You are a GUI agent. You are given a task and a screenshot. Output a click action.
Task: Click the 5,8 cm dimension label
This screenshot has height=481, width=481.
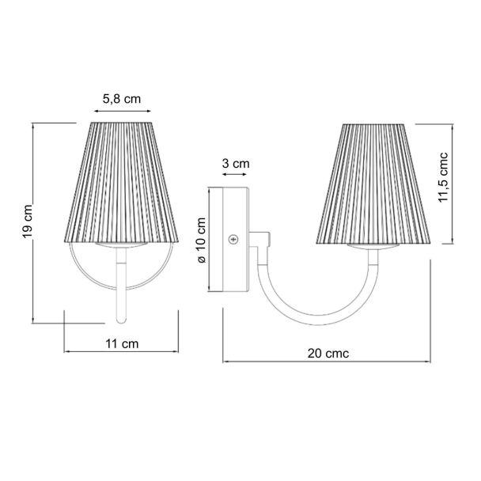[122, 99]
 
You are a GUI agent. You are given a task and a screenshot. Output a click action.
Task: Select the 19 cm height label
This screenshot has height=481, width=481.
[28, 222]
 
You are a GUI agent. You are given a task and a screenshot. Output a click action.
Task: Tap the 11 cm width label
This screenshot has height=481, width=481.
[122, 343]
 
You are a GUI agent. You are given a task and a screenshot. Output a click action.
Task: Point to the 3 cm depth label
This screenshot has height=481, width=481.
[236, 164]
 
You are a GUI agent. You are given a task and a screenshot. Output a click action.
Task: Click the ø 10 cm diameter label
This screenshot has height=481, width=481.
[202, 240]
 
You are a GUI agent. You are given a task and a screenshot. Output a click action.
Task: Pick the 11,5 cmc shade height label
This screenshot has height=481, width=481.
[443, 177]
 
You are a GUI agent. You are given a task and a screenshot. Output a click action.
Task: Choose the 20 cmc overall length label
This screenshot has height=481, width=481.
[328, 354]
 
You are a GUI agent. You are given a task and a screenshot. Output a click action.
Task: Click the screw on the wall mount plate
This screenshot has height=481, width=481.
[233, 239]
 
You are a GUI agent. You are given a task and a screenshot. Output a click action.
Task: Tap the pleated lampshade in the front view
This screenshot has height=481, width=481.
[122, 183]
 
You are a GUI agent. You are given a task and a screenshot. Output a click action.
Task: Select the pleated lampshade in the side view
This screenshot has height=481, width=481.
[373, 184]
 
